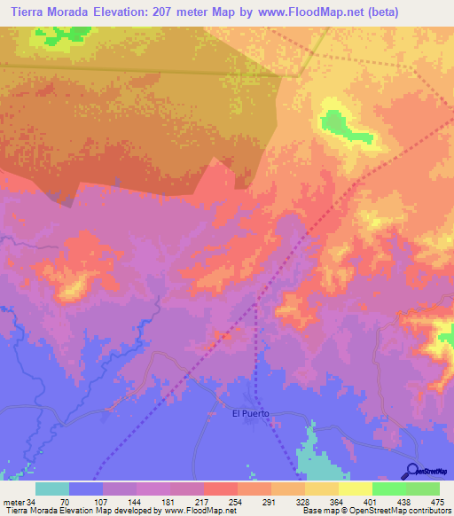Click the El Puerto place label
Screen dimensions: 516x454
coord(250,414)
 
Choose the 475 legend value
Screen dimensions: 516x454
coord(438,501)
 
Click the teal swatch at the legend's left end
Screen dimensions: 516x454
coord(52,489)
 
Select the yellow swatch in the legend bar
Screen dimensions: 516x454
coord(355,489)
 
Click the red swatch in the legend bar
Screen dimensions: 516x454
coord(220,489)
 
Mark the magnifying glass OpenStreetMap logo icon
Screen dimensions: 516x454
coord(412,471)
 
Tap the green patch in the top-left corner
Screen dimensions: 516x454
coord(62,35)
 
